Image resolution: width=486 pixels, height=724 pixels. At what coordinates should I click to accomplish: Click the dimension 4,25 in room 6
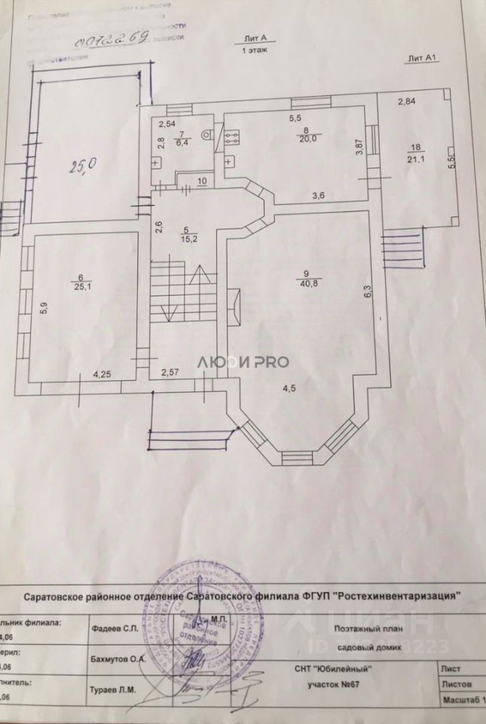coord(103,373)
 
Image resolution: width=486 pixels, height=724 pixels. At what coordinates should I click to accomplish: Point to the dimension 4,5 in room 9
coord(289,389)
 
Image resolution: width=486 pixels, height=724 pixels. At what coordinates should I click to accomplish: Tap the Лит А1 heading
coord(422,57)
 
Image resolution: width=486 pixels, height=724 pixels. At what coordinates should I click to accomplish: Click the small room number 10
coord(202,181)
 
